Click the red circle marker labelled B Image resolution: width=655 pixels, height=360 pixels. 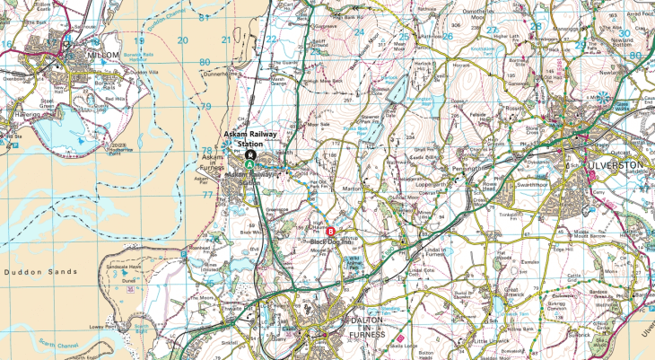329,232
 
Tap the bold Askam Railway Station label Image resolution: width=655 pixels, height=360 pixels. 262,137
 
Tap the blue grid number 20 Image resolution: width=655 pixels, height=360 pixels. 183,40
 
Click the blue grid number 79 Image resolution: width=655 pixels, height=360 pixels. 205,106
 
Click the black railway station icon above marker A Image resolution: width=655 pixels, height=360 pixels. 250,154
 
